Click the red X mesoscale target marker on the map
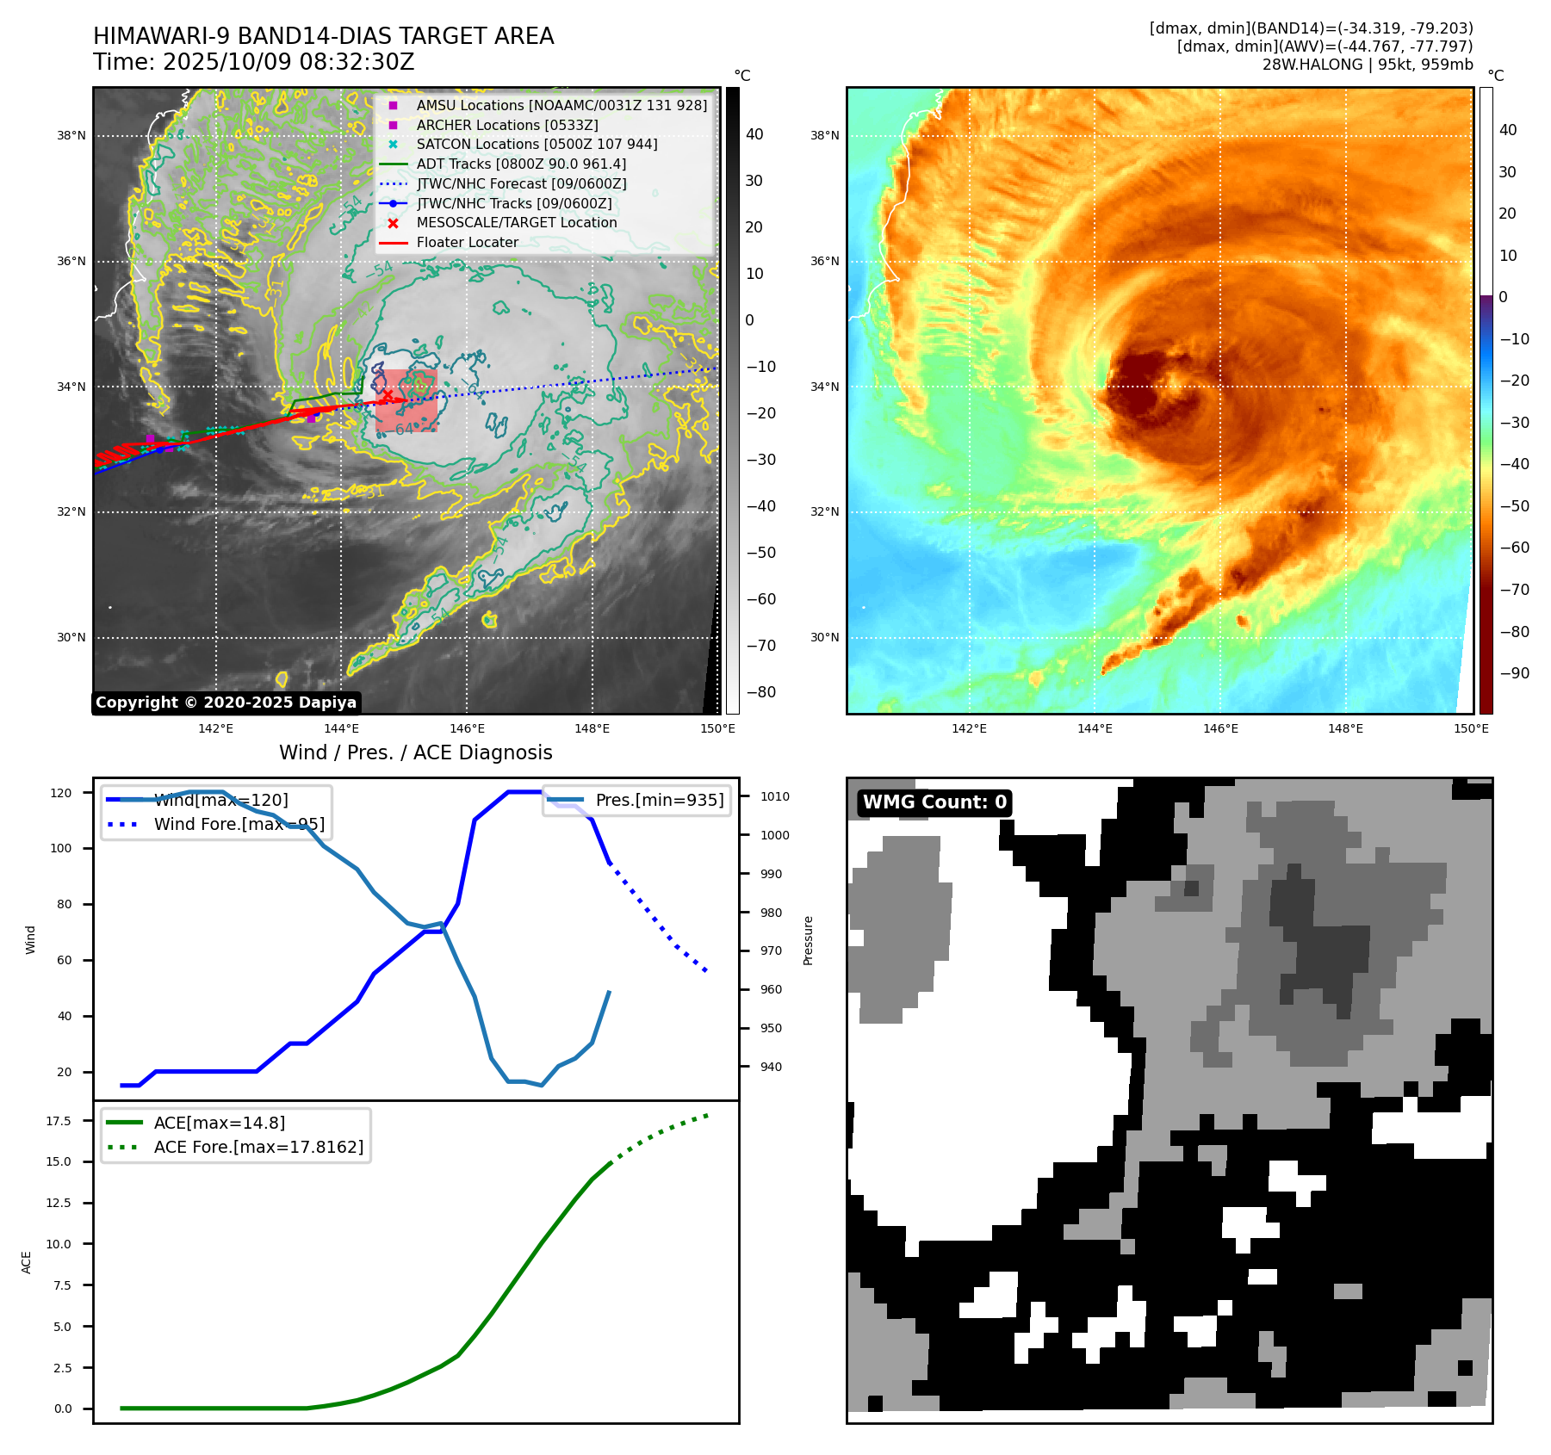point(388,395)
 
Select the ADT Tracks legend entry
point(521,164)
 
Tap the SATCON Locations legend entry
point(537,145)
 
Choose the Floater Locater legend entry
point(467,243)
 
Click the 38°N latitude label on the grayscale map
point(71,135)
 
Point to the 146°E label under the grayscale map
point(467,728)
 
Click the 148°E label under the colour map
point(1345,728)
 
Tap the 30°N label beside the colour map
point(824,638)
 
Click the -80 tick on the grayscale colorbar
point(760,692)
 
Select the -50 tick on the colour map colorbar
point(1514,506)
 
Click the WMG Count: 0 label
point(934,802)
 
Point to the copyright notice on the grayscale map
point(226,703)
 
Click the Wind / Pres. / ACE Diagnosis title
point(416,752)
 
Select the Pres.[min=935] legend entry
point(659,801)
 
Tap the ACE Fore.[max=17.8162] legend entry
point(258,1148)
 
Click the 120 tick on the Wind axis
point(61,793)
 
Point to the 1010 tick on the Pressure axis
point(774,796)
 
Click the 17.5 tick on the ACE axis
point(59,1121)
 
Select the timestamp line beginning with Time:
point(254,62)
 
